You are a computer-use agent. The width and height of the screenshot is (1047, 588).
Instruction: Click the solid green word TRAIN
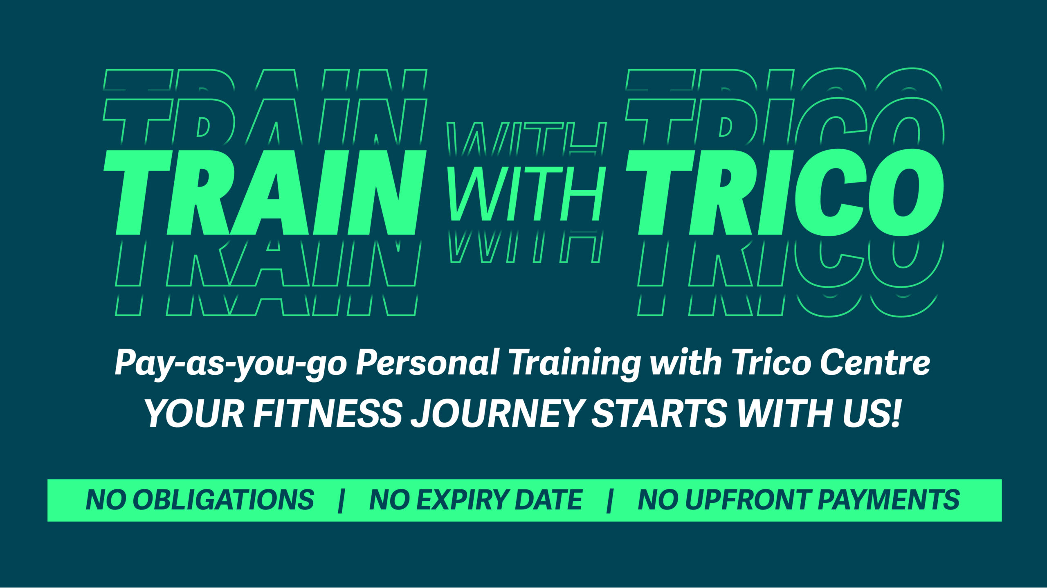[x=265, y=193]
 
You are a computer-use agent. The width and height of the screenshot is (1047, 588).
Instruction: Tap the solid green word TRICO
[x=785, y=193]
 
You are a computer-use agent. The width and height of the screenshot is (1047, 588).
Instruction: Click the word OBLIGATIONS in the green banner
[x=223, y=500]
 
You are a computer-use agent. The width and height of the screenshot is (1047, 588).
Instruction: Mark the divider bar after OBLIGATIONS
[x=342, y=500]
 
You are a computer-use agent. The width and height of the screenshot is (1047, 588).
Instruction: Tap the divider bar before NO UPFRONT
[x=610, y=500]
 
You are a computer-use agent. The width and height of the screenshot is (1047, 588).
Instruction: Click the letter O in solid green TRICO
[x=906, y=192]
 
